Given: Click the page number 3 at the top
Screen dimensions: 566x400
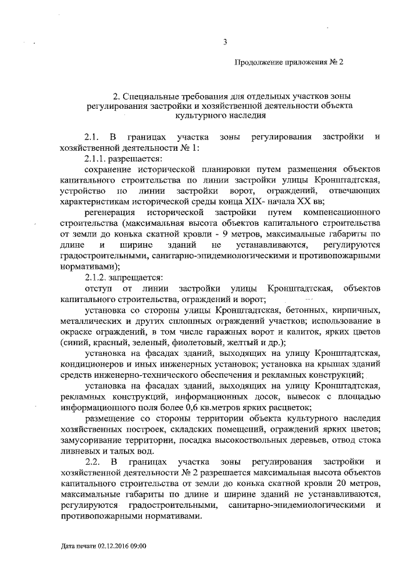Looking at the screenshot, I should pos(224,43).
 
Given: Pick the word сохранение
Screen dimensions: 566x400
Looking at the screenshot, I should pos(109,169).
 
